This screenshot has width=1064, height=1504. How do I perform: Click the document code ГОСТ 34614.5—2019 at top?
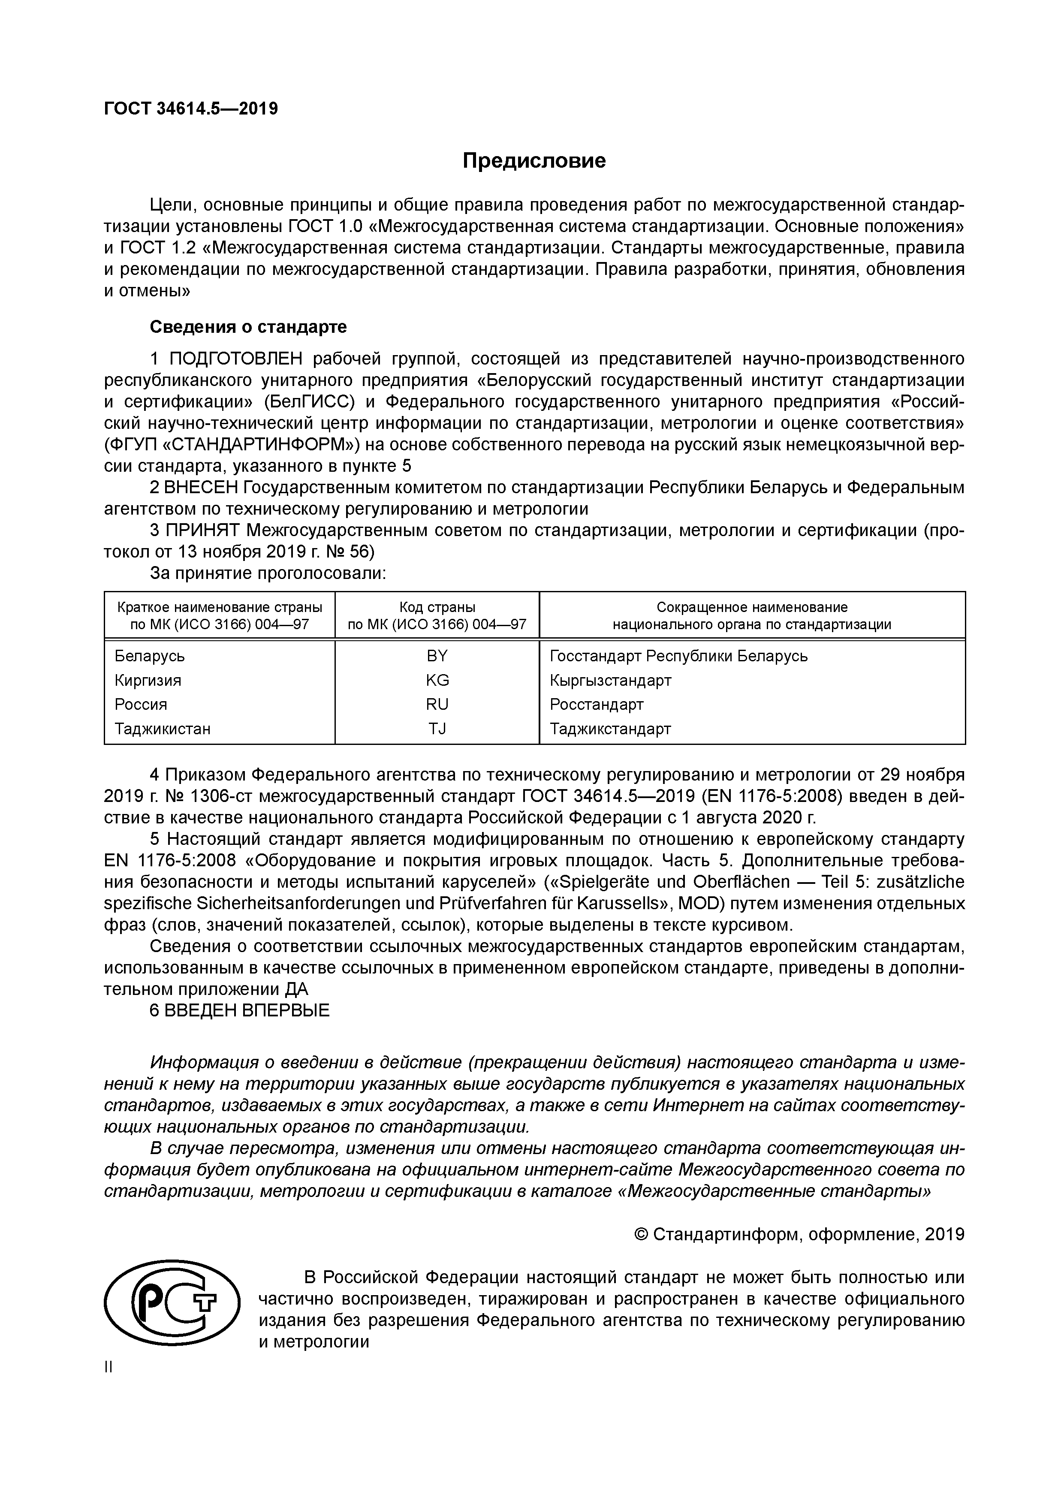click(191, 108)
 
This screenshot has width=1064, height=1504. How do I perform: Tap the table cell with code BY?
click(437, 656)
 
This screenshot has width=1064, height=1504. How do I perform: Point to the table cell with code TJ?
click(437, 729)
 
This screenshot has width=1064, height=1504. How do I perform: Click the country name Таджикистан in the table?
click(163, 729)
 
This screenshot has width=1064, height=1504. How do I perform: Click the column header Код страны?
click(437, 607)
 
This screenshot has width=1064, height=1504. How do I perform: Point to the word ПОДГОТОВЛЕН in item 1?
click(237, 359)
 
